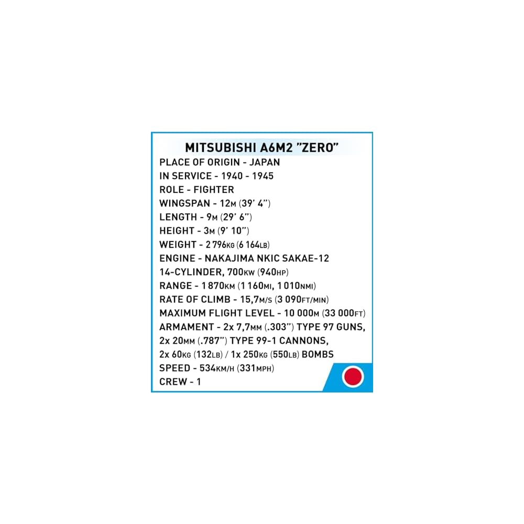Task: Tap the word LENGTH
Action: pos(178,217)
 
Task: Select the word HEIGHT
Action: pos(178,231)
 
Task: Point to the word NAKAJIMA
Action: pos(230,258)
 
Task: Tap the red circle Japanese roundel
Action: pos(353,376)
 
